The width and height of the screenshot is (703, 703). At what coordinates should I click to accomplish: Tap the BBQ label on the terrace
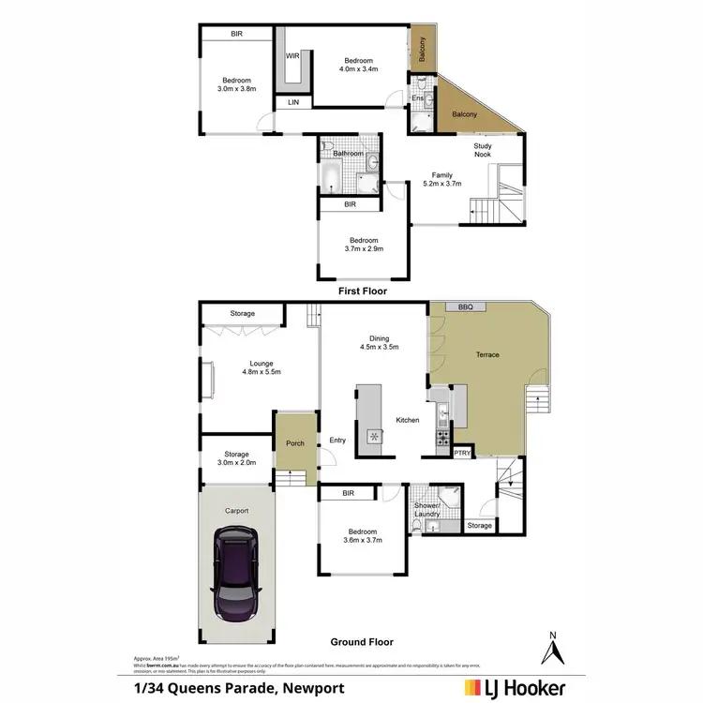click(465, 307)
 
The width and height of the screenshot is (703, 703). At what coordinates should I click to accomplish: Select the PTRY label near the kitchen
click(462, 453)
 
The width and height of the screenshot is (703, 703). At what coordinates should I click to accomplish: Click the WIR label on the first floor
click(292, 55)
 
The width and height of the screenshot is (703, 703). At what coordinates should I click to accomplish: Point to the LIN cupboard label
click(293, 101)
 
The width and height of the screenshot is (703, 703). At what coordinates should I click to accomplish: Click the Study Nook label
click(483, 149)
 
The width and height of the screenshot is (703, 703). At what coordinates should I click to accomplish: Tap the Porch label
click(295, 443)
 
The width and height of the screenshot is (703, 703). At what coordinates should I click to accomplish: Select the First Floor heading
click(362, 292)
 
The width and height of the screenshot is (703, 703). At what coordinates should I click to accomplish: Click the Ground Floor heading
click(362, 642)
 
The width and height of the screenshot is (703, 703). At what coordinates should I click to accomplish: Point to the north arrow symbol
click(554, 646)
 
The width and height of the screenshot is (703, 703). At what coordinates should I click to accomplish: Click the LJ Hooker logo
click(514, 688)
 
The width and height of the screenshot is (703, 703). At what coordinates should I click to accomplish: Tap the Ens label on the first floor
click(418, 97)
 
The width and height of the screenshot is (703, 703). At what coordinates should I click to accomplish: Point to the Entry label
click(337, 440)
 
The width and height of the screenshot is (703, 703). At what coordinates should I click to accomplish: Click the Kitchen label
click(407, 420)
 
